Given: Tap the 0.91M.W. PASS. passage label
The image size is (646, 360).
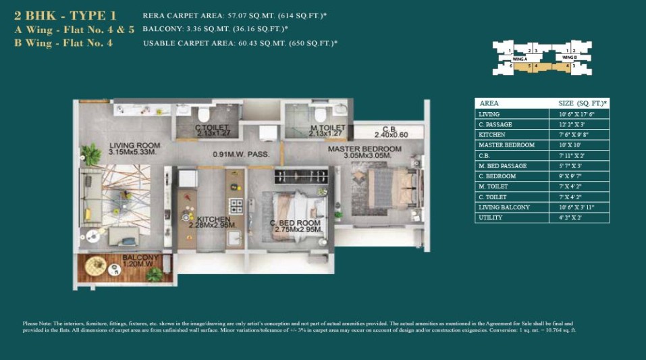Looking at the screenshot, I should tap(241, 155).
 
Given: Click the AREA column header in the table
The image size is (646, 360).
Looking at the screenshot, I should tap(489, 103).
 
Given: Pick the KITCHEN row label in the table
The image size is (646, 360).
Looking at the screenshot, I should tap(491, 134).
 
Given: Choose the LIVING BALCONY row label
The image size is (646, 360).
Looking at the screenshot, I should tap(504, 207).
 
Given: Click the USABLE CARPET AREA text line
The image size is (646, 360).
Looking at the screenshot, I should tap(240, 43).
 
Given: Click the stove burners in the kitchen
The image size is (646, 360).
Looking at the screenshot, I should tap(236, 205).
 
